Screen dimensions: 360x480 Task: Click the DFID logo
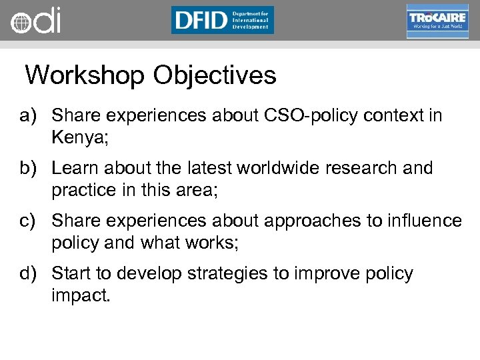222,20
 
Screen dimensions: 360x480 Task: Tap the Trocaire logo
437,21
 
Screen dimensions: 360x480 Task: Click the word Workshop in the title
85,75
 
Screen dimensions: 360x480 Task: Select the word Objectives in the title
214,75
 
